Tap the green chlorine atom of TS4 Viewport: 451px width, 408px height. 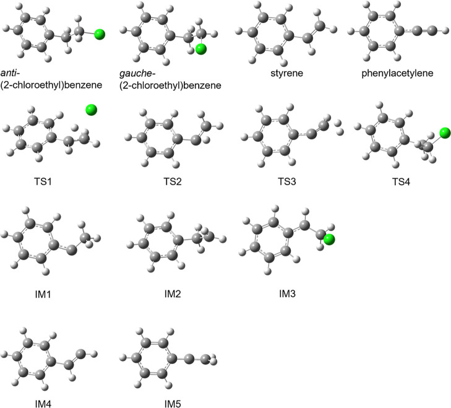[x=444, y=132]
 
